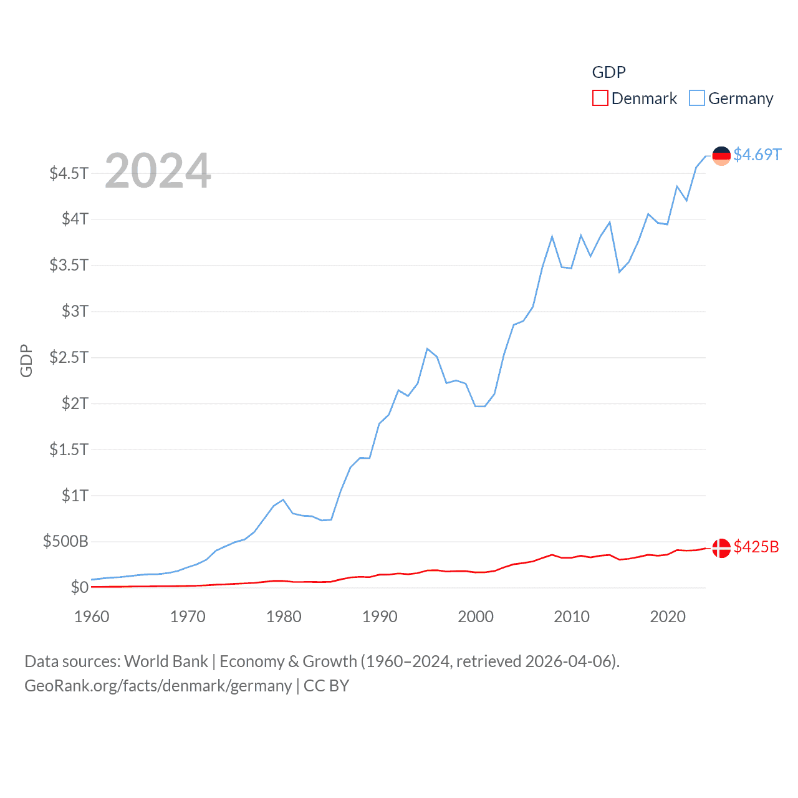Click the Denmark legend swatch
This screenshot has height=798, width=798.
(600, 99)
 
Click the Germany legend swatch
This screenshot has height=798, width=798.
(696, 99)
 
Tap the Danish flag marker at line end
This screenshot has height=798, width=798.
(721, 548)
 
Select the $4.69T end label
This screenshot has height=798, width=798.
(757, 155)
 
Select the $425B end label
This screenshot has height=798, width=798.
(756, 547)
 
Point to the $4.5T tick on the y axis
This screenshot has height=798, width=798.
(69, 173)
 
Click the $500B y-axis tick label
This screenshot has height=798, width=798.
(65, 541)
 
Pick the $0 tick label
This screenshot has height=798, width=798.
(79, 587)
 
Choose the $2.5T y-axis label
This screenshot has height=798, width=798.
(69, 357)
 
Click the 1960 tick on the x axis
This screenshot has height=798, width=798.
(92, 617)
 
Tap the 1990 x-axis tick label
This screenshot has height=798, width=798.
(380, 617)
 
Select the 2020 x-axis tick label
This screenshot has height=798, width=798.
(668, 617)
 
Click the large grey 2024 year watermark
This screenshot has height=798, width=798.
(158, 171)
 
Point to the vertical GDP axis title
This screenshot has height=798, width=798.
(26, 360)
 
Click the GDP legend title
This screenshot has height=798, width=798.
(608, 72)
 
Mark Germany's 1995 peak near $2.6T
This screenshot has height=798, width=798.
(427, 349)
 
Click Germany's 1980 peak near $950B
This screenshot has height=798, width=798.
(283, 499)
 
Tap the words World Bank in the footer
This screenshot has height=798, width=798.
(166, 661)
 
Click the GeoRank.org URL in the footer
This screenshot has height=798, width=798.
(158, 686)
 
